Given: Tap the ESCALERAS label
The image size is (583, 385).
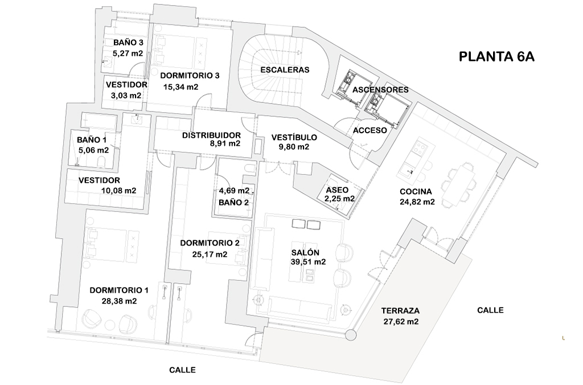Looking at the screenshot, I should click(285, 70).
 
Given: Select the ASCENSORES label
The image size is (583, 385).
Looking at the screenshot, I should click(380, 90).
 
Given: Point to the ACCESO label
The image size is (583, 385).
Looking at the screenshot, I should click(370, 130).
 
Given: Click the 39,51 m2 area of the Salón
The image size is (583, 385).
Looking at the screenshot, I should click(308, 262).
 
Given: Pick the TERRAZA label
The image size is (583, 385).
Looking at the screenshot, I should click(400, 311).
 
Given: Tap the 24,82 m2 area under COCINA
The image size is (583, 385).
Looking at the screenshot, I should click(417, 202).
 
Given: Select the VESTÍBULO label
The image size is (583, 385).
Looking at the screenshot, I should click(294, 137).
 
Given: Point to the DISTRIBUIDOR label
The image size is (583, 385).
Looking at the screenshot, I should click(211, 135).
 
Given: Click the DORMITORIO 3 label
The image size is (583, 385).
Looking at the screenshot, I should click(190, 75).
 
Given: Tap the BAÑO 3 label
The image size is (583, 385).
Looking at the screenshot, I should click(128, 43).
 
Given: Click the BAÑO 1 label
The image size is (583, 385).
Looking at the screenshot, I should click(92, 140).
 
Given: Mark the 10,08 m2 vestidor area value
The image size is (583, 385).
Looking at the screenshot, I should click(118, 190).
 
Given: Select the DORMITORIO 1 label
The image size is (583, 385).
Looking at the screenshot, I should click(119, 290).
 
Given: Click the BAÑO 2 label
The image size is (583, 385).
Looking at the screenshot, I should click(233, 202).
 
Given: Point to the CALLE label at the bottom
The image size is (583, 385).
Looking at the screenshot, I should click(182, 370).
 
